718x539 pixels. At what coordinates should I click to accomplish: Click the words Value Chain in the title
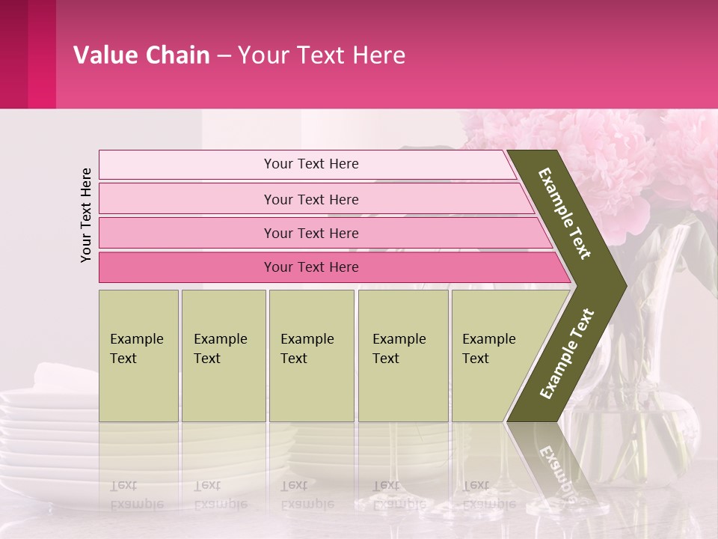[x=141, y=55]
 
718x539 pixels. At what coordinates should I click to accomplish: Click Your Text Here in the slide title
[x=322, y=55]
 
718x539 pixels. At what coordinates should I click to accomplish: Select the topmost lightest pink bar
[x=311, y=164]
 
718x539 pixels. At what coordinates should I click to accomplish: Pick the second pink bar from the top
[x=311, y=199]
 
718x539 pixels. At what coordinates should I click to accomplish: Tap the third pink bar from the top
[x=311, y=233]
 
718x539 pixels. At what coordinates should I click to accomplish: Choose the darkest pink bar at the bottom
[x=311, y=267]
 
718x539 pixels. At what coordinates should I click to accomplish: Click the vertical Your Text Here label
[x=86, y=215]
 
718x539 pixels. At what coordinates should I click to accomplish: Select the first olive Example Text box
[x=138, y=356]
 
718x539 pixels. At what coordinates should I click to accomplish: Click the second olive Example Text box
[x=223, y=356]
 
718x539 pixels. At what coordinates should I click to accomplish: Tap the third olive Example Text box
[x=311, y=356]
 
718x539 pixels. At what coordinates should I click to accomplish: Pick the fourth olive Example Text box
[x=402, y=356]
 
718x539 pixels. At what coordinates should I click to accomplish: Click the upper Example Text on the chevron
[x=565, y=213]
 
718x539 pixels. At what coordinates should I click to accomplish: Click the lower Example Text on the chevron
[x=567, y=354]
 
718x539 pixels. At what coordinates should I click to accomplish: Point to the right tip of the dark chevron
[x=625, y=285]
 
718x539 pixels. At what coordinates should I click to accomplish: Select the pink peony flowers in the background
[x=598, y=157]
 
